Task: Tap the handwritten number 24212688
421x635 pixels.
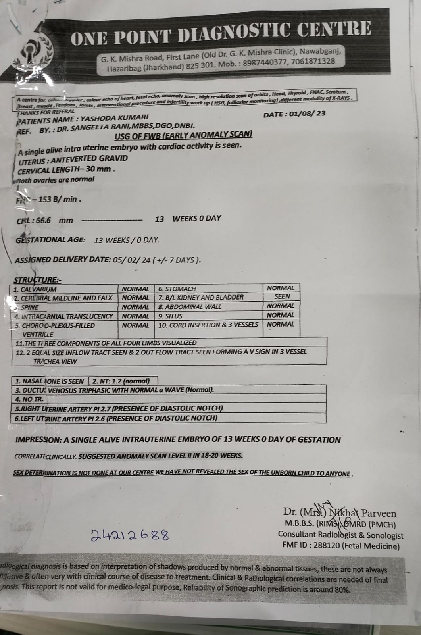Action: [130, 535]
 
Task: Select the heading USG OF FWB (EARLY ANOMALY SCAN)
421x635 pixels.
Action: [183, 135]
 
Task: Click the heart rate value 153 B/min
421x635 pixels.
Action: [59, 199]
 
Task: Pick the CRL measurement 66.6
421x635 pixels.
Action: [43, 220]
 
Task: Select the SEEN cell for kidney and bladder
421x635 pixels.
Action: [282, 296]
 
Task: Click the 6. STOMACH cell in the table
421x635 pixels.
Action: [177, 289]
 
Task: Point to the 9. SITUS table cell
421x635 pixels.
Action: [170, 316]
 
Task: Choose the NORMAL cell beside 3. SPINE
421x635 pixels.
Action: [135, 307]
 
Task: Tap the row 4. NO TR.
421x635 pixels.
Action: [30, 399]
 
